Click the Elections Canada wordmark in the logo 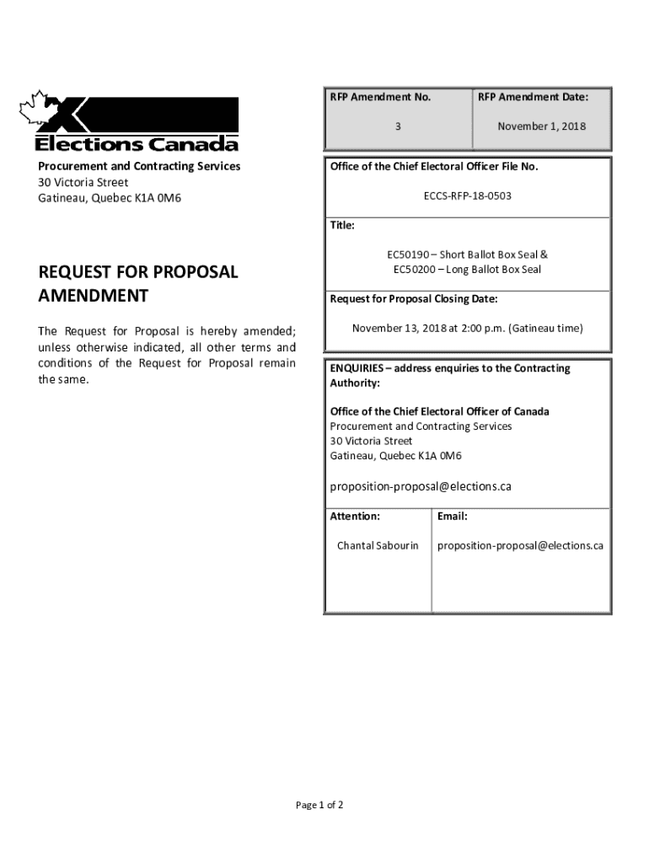pyautogui.click(x=137, y=143)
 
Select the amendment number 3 pyautogui.click(x=397, y=126)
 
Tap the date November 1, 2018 pyautogui.click(x=541, y=126)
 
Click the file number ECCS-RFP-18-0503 pyautogui.click(x=467, y=196)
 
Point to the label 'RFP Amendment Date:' pyautogui.click(x=533, y=98)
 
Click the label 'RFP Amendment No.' pyautogui.click(x=380, y=98)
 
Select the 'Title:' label pyautogui.click(x=342, y=226)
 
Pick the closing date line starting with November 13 pyautogui.click(x=467, y=328)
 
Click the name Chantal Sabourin pyautogui.click(x=378, y=545)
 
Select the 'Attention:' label pyautogui.click(x=355, y=516)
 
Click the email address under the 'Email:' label pyautogui.click(x=520, y=545)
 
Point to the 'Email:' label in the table pyautogui.click(x=453, y=516)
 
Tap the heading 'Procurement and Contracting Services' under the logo pyautogui.click(x=139, y=166)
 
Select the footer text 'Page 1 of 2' pyautogui.click(x=319, y=805)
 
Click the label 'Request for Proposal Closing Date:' pyautogui.click(x=414, y=299)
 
